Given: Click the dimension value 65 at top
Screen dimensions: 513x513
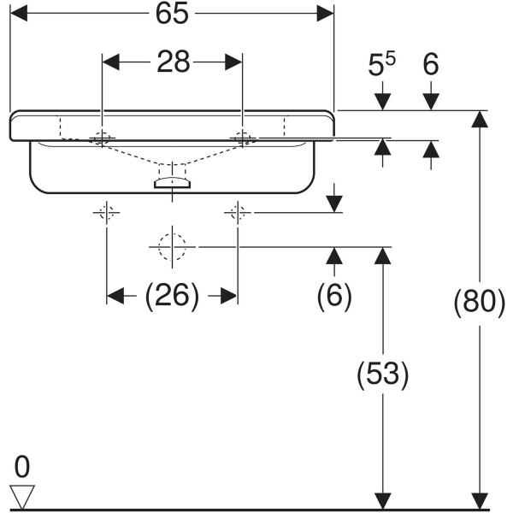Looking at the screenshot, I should coord(171,14).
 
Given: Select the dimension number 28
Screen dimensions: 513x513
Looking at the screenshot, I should coord(172,62).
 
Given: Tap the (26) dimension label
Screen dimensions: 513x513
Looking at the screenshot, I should coord(172,296).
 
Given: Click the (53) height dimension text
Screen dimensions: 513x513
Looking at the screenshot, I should coord(382,374).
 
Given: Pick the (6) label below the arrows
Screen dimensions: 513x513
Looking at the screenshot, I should coord(334,296).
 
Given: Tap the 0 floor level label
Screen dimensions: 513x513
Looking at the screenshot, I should coord(21,467).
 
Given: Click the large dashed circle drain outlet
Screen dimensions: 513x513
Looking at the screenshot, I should coord(172,246).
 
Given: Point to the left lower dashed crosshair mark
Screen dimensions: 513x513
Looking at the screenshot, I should coord(107,213).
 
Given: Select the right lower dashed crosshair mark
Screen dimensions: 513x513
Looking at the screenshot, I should coord(238,213).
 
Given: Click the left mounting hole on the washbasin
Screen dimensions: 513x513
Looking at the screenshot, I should coord(103,137).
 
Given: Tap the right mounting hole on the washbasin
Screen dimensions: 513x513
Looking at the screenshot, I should coord(243,137).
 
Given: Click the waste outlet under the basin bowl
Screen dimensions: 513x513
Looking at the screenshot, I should coord(172,180).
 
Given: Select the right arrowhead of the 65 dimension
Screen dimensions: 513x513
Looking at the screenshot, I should coord(325,14).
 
